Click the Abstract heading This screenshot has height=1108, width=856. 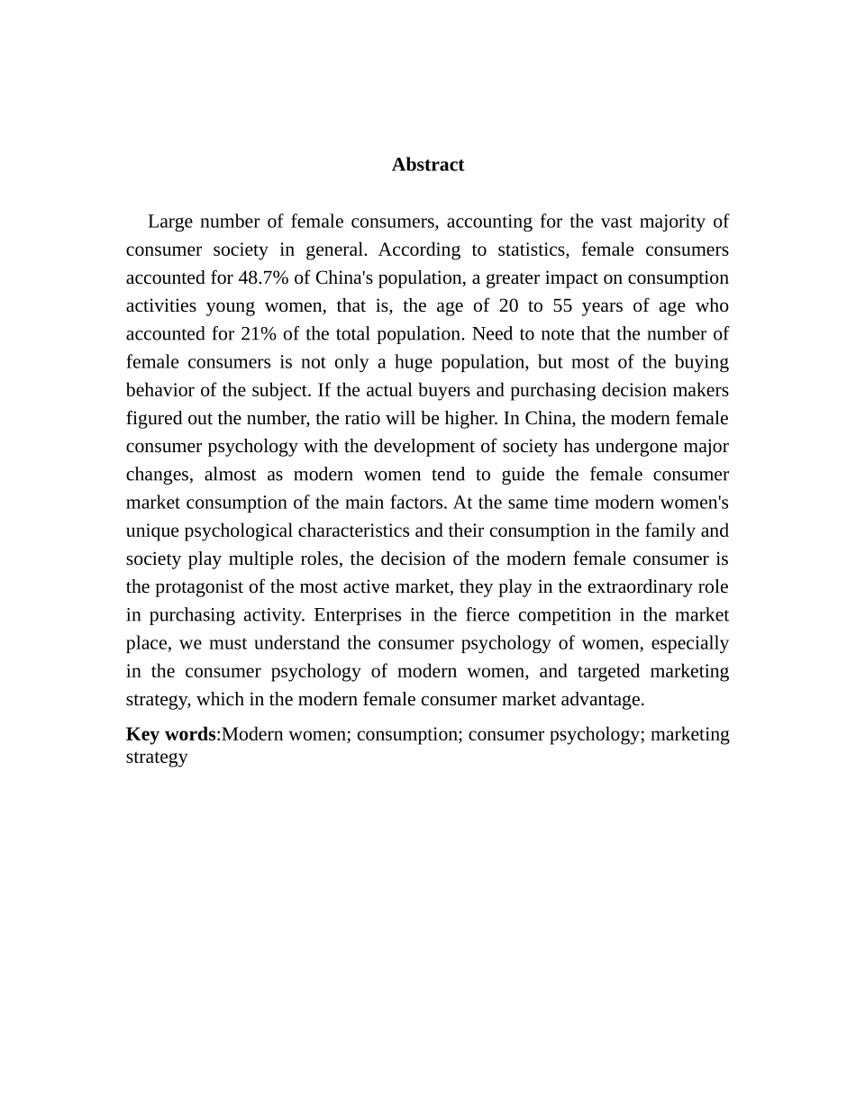coord(428,165)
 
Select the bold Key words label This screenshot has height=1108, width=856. coord(170,734)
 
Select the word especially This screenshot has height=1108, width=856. coord(688,644)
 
